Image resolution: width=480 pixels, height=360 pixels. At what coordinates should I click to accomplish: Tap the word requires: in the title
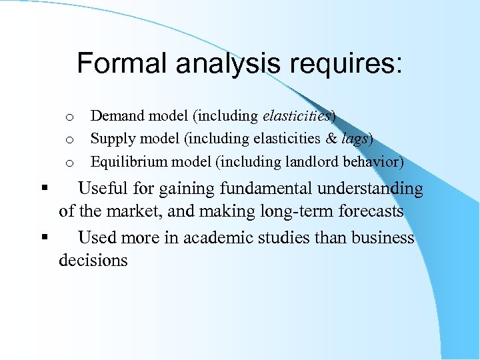click(x=352, y=64)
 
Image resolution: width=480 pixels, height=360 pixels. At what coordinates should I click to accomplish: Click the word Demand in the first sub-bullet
click(x=117, y=116)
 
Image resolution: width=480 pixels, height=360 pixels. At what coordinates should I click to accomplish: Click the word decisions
click(x=93, y=261)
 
